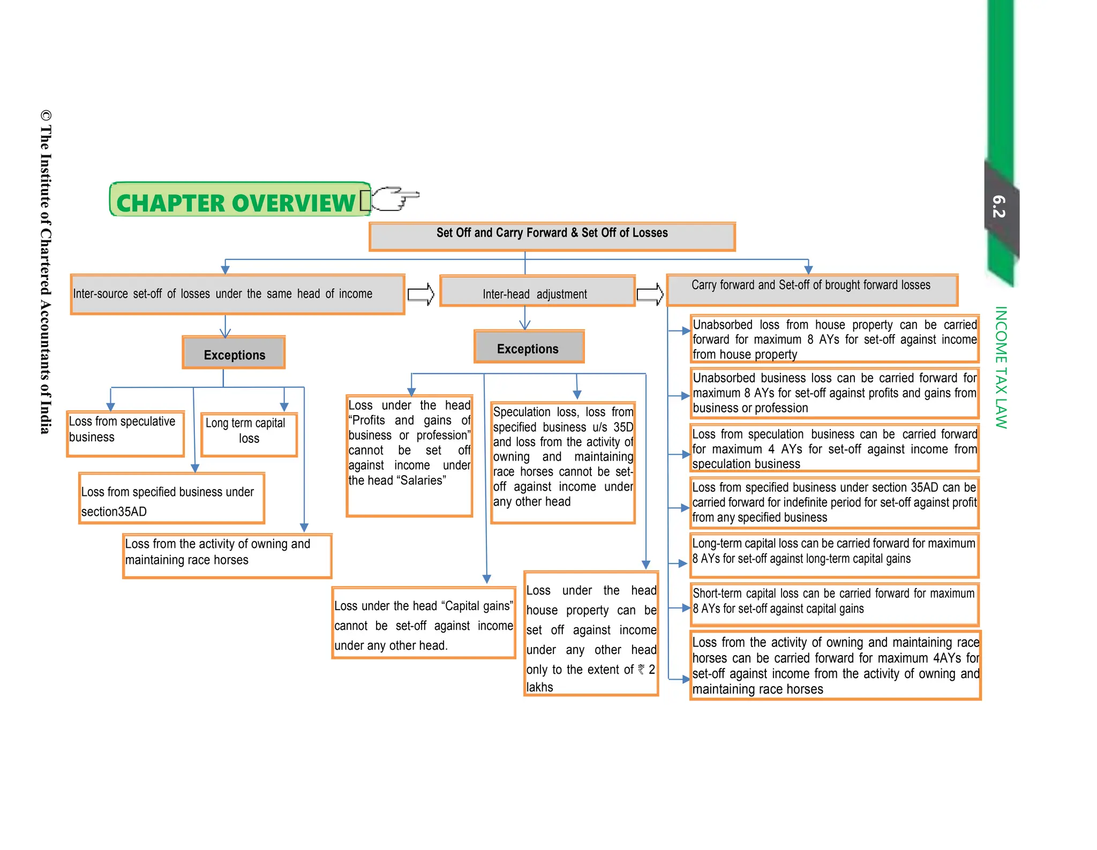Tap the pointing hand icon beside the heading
pyautogui.click(x=395, y=199)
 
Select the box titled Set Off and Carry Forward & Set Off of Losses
pyautogui.click(x=552, y=236)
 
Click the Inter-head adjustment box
pyautogui.click(x=537, y=292)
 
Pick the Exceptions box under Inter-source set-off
pyautogui.click(x=234, y=353)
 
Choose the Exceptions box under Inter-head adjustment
pyautogui.click(x=529, y=348)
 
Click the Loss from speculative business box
pyautogui.click(x=125, y=433)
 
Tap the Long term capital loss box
pyautogui.click(x=249, y=434)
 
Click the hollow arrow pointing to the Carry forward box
pyautogui.click(x=650, y=294)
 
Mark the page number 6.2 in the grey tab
pyautogui.click(x=999, y=206)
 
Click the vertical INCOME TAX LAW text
pyautogui.click(x=1001, y=367)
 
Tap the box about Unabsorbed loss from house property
pyautogui.click(x=834, y=339)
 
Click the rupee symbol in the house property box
pyautogui.click(x=641, y=670)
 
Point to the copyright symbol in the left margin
pyautogui.click(x=46, y=116)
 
